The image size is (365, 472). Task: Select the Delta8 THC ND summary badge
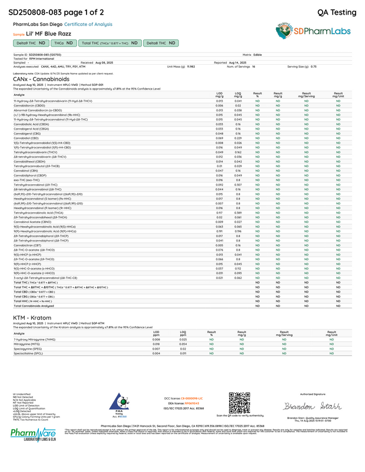point(161,43)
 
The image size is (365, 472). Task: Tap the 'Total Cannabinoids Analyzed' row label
point(34,306)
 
